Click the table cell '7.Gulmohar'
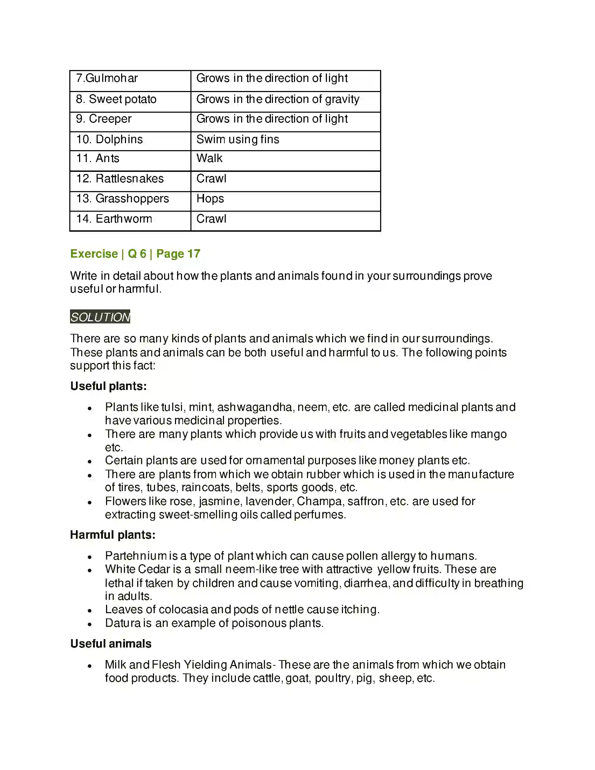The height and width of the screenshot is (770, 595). [x=107, y=78]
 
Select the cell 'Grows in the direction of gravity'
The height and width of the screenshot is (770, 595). [x=278, y=99]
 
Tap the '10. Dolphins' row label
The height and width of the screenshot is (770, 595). [x=109, y=140]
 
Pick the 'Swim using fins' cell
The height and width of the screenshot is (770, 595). [x=238, y=140]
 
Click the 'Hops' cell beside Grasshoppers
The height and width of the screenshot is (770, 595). [x=210, y=199]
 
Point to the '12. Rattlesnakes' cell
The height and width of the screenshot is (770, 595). [x=120, y=179]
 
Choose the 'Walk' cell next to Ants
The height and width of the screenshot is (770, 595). [x=209, y=159]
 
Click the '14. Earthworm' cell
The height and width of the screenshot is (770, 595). [x=114, y=219]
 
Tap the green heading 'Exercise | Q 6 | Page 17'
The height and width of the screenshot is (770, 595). [x=135, y=254]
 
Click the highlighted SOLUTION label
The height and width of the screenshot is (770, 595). [x=100, y=317]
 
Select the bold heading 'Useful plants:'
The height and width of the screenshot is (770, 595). [x=108, y=386]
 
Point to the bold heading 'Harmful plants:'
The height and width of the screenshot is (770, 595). [x=112, y=535]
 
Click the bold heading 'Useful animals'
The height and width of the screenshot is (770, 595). [x=111, y=644]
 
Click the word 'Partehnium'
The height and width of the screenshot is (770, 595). [x=136, y=556]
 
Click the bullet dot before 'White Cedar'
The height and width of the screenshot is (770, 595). [x=90, y=570]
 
